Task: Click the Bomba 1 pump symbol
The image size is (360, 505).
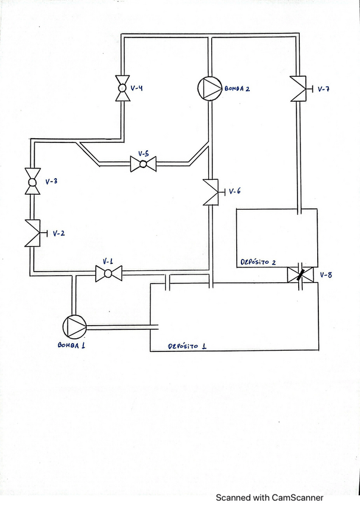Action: (x=74, y=326)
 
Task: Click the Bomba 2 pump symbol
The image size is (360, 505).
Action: (x=209, y=89)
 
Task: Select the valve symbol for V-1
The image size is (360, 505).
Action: (x=108, y=274)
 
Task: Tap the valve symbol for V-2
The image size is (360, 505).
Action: (x=32, y=233)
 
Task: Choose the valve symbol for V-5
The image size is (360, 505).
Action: (x=143, y=163)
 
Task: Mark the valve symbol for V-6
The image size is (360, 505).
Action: (x=211, y=192)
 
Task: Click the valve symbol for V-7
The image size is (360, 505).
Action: (x=299, y=89)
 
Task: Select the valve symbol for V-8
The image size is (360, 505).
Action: (x=300, y=275)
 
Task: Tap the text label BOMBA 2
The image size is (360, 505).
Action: (x=237, y=89)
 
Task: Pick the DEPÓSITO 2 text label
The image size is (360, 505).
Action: (x=259, y=262)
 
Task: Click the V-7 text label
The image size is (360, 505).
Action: (x=324, y=89)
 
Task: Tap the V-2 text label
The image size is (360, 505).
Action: (x=58, y=233)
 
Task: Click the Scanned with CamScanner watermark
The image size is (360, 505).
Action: (x=269, y=497)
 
